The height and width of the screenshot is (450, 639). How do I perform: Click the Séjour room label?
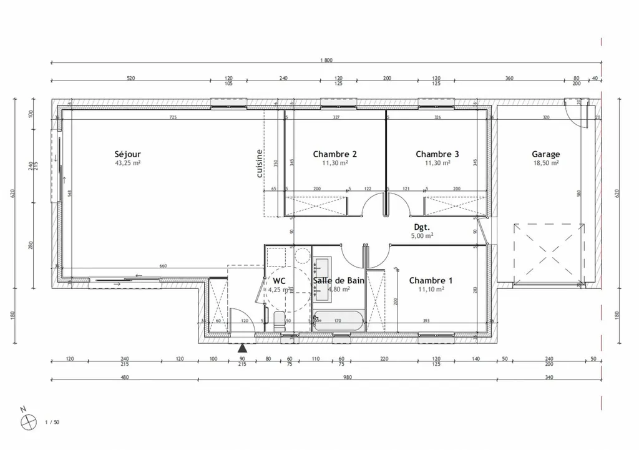[127, 154]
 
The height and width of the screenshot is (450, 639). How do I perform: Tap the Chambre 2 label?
[335, 154]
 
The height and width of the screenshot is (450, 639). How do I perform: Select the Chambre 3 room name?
[437, 154]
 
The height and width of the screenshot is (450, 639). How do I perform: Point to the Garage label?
[545, 154]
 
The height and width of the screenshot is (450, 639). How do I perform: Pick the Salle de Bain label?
[338, 281]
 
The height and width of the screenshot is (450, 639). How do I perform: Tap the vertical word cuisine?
[260, 164]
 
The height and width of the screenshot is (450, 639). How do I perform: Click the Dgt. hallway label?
[423, 227]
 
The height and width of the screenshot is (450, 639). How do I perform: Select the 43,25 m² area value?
[127, 163]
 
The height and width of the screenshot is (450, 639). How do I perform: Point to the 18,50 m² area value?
[545, 163]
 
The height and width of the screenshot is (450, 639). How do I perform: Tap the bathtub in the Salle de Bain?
[339, 321]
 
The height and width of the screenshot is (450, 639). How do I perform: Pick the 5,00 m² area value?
[423, 236]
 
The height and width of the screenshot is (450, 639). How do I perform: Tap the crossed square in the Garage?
[550, 253]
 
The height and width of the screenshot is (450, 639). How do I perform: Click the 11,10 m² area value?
[431, 290]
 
